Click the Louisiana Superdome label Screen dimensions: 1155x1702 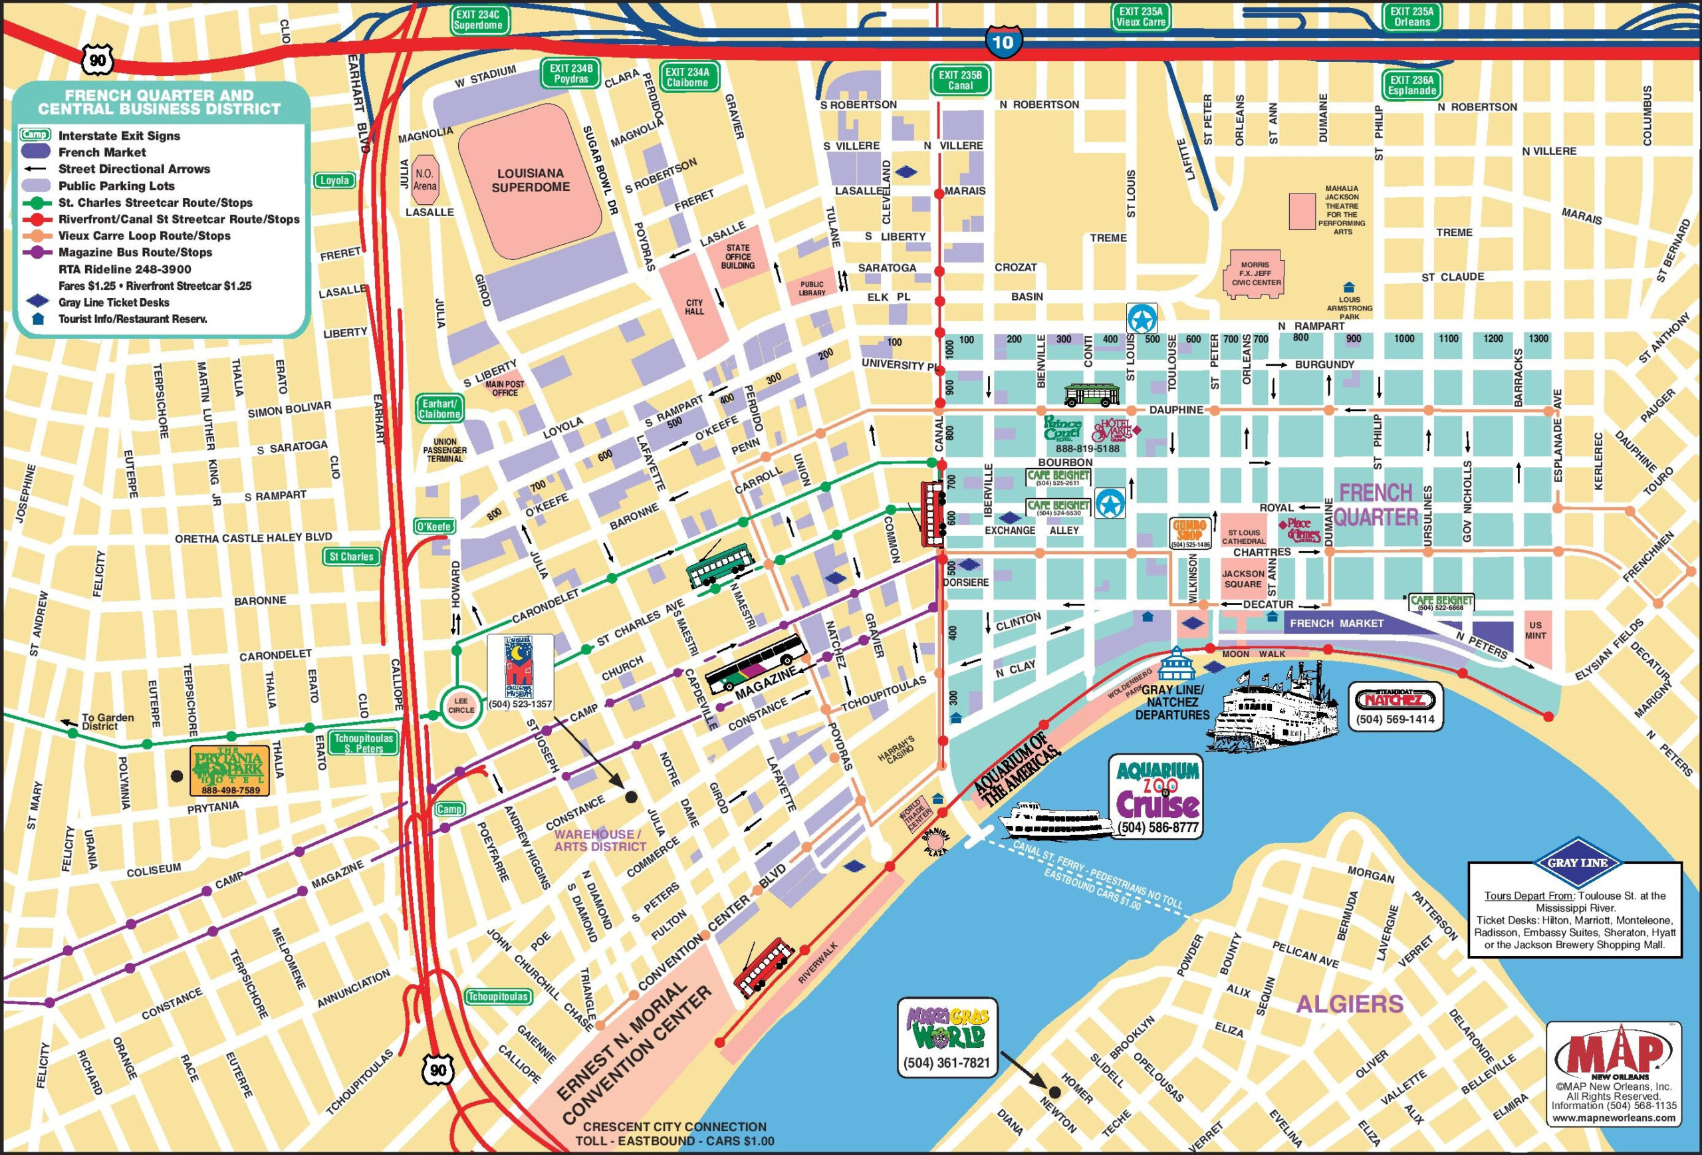[x=531, y=180]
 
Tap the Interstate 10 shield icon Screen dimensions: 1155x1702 [x=1003, y=42]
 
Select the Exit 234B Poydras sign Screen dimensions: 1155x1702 [x=571, y=73]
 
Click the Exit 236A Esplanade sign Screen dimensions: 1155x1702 [x=1412, y=85]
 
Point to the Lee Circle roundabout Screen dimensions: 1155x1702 [x=461, y=706]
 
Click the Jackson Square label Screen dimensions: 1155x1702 [x=1243, y=578]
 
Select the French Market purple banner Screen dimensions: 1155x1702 [x=1336, y=623]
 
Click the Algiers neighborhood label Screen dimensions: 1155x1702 [x=1349, y=1004]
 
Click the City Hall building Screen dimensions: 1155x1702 [x=693, y=307]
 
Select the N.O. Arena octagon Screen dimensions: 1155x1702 [x=425, y=180]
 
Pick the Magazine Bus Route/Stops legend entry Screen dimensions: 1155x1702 [x=135, y=253]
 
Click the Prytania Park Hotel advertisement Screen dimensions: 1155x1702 [x=229, y=771]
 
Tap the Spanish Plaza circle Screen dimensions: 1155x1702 [x=936, y=843]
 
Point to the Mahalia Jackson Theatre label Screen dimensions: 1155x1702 [x=1342, y=209]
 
